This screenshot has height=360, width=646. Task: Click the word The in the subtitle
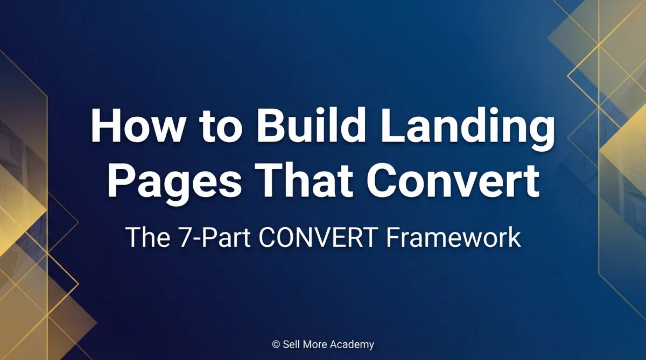coord(143,237)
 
